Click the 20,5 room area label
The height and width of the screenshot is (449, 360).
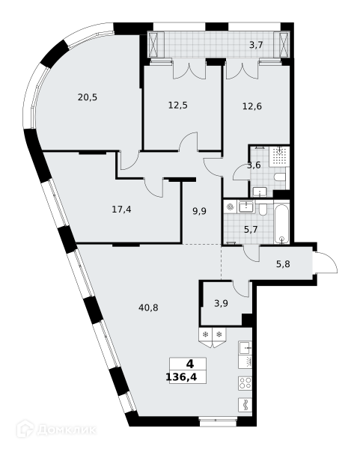point(88,97)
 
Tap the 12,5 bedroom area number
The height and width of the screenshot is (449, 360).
point(177,106)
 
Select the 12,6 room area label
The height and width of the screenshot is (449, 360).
point(252,106)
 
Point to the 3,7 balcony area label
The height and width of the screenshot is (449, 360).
point(256,45)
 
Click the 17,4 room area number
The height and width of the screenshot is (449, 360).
point(121,210)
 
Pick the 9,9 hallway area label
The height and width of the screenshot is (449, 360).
point(199,212)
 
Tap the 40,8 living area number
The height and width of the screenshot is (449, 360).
point(148,308)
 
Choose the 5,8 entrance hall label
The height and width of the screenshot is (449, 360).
point(283,264)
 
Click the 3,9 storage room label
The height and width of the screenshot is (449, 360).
point(221,303)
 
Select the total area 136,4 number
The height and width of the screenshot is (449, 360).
point(181,377)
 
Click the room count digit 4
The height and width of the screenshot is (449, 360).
point(190,364)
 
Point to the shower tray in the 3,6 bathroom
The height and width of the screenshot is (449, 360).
point(279,156)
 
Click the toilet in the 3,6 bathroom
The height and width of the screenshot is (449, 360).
point(281,177)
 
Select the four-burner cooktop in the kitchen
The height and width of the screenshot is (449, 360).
point(245,382)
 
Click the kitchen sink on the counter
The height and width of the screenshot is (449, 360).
point(245,347)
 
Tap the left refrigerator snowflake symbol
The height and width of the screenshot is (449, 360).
point(205,335)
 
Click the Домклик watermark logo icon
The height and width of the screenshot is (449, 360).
point(25,429)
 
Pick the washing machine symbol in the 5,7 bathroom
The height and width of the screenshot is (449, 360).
point(230,207)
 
